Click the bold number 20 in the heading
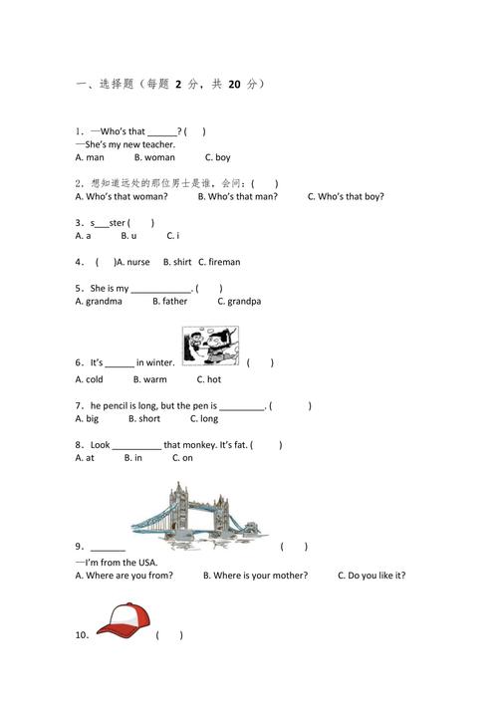[234, 84]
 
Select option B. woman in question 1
[154, 157]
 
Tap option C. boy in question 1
[218, 157]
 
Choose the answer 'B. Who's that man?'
[238, 196]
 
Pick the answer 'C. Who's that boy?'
[346, 196]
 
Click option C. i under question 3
[173, 236]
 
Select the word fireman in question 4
[224, 262]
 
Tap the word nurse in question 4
[137, 262]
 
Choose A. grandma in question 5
[99, 302]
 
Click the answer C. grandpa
[239, 302]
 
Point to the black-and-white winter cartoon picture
[210, 346]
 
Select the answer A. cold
[89, 379]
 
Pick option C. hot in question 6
[209, 379]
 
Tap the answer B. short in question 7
[144, 419]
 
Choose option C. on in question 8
[182, 458]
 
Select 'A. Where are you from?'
[124, 576]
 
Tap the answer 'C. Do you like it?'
[372, 576]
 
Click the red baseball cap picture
[124, 620]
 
